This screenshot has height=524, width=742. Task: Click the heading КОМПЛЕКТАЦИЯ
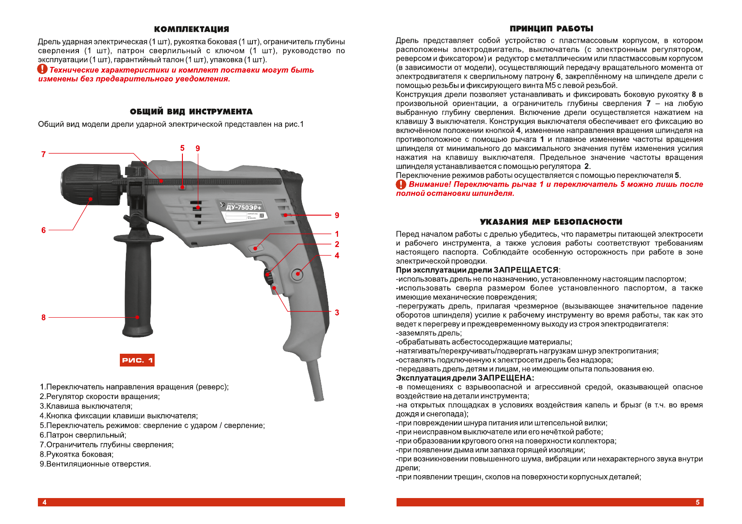(191, 29)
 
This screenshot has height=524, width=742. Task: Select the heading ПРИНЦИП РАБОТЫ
(551, 29)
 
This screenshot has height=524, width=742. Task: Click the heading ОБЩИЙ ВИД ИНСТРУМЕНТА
(191, 112)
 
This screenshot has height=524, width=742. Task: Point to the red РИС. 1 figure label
(137, 360)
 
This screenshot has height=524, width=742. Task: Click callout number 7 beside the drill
(43, 154)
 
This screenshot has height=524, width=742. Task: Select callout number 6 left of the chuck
(43, 230)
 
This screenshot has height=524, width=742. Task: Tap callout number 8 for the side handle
(43, 317)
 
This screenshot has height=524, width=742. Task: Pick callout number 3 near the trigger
(337, 312)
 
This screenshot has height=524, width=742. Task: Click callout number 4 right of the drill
(337, 256)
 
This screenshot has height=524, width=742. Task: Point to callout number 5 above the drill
(182, 148)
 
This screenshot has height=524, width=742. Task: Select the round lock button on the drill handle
(297, 274)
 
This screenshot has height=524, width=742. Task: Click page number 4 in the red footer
(45, 502)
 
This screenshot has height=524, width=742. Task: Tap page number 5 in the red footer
(697, 502)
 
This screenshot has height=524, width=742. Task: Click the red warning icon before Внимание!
(401, 184)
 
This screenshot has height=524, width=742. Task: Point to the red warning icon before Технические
(42, 70)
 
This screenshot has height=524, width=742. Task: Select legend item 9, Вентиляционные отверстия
(95, 464)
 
